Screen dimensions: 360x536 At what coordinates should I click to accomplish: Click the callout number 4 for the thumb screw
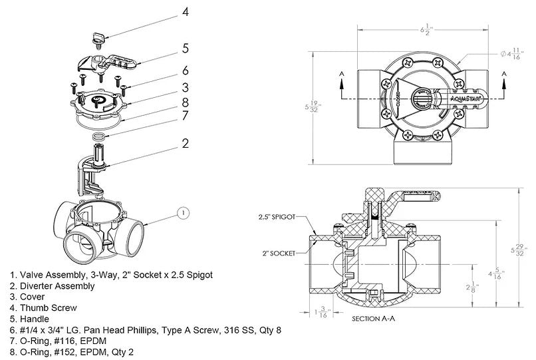pyautogui.click(x=186, y=12)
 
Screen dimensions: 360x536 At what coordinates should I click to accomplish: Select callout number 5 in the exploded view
pyautogui.click(x=186, y=48)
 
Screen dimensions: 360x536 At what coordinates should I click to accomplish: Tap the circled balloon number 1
pyautogui.click(x=184, y=214)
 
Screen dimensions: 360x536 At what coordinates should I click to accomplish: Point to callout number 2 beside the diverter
pyautogui.click(x=186, y=143)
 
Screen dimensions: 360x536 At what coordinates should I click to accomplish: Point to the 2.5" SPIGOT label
pyautogui.click(x=277, y=217)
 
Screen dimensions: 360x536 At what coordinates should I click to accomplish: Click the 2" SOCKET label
pyautogui.click(x=280, y=254)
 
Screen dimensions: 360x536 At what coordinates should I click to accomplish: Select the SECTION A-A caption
pyautogui.click(x=372, y=319)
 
